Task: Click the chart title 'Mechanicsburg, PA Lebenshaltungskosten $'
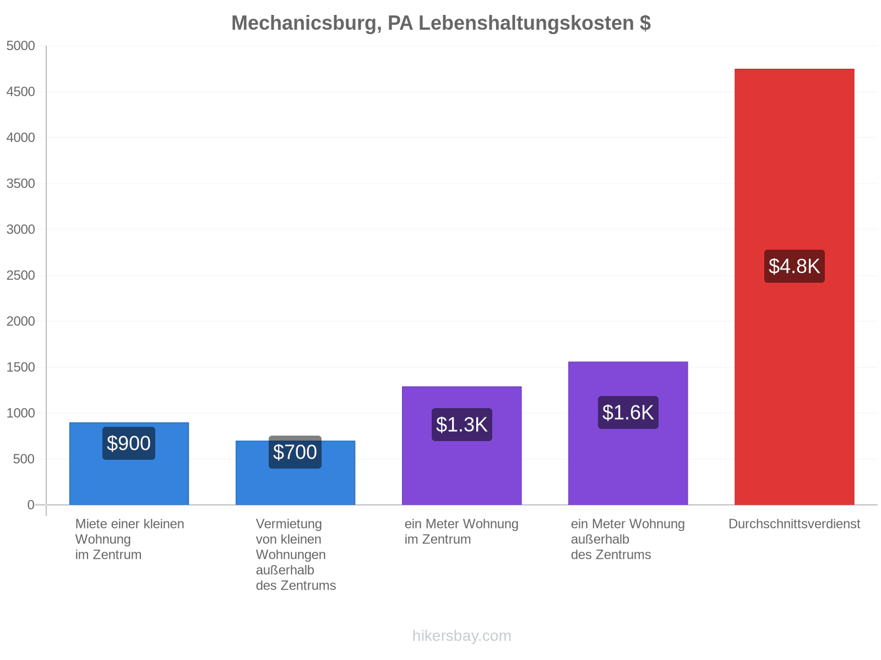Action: pyautogui.click(x=440, y=23)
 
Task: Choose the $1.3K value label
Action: pyautogui.click(x=461, y=424)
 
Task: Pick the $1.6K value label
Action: pyautogui.click(x=627, y=412)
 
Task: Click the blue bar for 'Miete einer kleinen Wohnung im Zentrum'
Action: pyautogui.click(x=129, y=463)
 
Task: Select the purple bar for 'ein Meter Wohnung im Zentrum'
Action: pyautogui.click(x=461, y=445)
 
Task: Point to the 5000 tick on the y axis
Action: pyautogui.click(x=20, y=46)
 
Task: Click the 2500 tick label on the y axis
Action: pyautogui.click(x=20, y=275)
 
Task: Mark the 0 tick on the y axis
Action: pyautogui.click(x=31, y=504)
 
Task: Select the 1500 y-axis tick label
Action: pyautogui.click(x=20, y=367)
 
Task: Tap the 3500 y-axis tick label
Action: pyautogui.click(x=20, y=183)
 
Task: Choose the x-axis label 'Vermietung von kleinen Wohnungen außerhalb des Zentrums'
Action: pyautogui.click(x=295, y=554)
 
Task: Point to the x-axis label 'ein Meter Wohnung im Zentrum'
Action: pyautogui.click(x=461, y=531)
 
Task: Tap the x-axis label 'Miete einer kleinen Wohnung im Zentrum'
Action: pyautogui.click(x=129, y=538)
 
